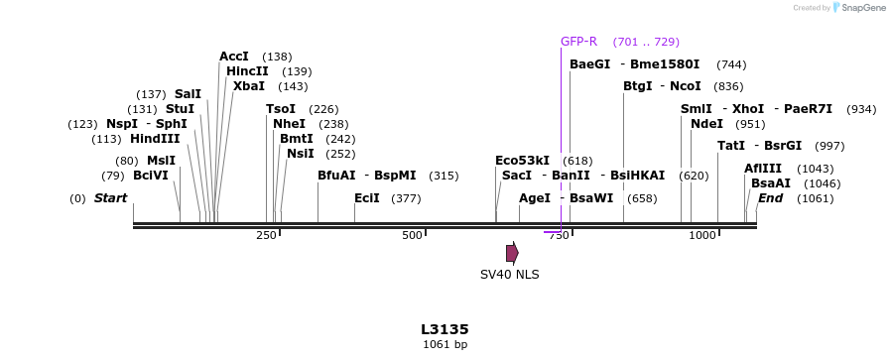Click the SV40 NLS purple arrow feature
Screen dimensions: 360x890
(512, 253)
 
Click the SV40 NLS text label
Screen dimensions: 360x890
(509, 275)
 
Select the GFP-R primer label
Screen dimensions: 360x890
(578, 42)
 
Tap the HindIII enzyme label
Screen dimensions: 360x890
(155, 139)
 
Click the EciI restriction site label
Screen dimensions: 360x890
(367, 198)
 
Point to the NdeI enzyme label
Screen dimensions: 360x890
(706, 124)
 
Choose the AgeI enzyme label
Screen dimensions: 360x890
(535, 198)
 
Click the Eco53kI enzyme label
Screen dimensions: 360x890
(522, 161)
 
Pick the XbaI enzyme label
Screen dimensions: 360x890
(249, 86)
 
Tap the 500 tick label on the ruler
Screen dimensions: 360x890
(412, 235)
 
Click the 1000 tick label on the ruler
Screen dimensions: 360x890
(702, 235)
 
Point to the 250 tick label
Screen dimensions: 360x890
(266, 235)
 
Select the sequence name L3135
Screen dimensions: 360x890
(445, 329)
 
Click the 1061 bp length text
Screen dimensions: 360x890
(445, 345)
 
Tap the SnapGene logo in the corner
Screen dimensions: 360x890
(858, 8)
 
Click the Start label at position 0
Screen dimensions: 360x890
(110, 198)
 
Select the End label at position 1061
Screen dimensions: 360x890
(770, 198)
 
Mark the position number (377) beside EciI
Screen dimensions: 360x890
(406, 199)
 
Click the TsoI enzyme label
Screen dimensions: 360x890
(281, 109)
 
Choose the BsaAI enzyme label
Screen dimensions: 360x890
(771, 183)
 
